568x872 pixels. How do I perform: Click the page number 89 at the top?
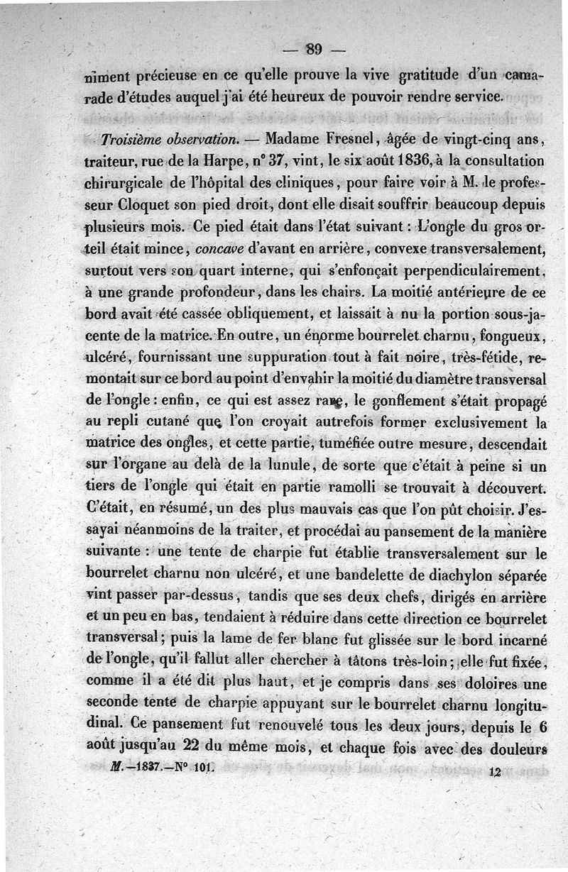315,49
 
